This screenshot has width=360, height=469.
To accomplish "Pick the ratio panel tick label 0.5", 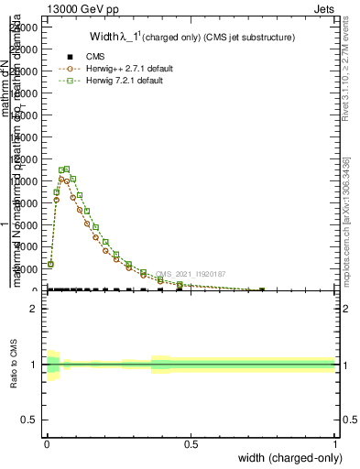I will pos(29,420).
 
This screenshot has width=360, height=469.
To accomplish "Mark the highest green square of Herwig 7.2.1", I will pos(67,169).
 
